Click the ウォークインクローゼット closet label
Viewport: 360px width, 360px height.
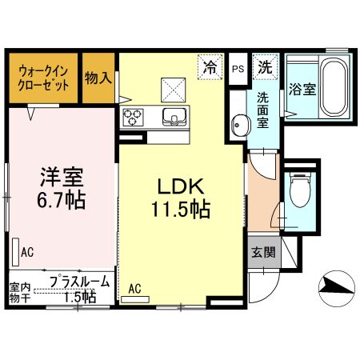pos(43,77)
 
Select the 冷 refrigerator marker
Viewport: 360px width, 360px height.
pos(210,66)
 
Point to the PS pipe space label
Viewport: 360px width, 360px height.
pos(238,69)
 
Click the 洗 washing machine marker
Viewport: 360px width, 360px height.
pos(263,67)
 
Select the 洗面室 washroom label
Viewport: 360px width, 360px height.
pos(262,110)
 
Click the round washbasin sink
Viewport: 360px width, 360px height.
pos(238,124)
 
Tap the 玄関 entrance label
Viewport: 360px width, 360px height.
pos(262,253)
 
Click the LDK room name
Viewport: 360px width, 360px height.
pos(182,187)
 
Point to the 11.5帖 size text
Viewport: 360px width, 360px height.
pos(182,210)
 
